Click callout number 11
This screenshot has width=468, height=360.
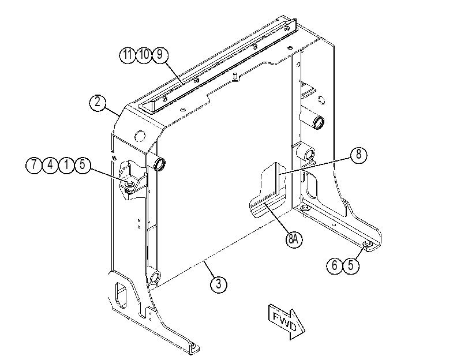(x=128, y=55)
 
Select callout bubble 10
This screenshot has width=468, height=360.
(x=144, y=55)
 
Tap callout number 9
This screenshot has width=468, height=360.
(x=160, y=55)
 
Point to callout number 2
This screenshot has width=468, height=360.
(x=98, y=103)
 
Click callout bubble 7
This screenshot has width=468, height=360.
(x=34, y=165)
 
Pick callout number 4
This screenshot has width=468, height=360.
(x=50, y=165)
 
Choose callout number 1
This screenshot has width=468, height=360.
(x=66, y=165)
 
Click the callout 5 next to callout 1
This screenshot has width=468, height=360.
(x=83, y=165)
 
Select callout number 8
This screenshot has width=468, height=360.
(x=358, y=155)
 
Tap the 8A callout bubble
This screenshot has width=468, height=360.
(x=294, y=239)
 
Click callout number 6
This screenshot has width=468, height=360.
(x=335, y=265)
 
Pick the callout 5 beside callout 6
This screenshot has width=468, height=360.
(x=351, y=265)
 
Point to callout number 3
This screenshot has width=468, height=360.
(x=219, y=284)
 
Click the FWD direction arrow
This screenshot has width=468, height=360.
(x=287, y=322)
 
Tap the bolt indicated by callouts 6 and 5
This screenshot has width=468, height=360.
(x=367, y=245)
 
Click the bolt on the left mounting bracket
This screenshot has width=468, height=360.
(x=129, y=184)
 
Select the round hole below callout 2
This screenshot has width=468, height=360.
(x=140, y=136)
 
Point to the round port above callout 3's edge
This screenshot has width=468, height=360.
(x=155, y=277)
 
